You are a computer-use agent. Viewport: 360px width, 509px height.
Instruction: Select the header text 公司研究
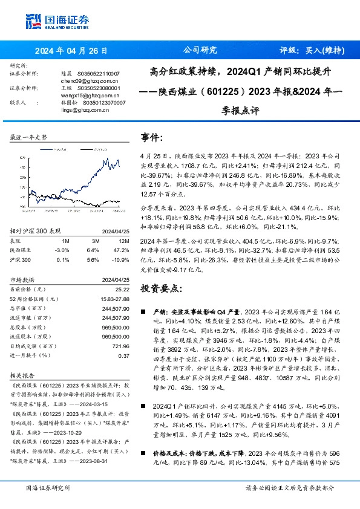coord(200,51)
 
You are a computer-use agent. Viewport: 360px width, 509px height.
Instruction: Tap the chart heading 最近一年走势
coord(28,137)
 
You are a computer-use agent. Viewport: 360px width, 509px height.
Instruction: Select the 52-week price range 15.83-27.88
coord(115,299)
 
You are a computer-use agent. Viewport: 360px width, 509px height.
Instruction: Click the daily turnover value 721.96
coord(121,347)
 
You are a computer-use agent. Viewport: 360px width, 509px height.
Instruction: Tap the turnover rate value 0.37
coord(124,356)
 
